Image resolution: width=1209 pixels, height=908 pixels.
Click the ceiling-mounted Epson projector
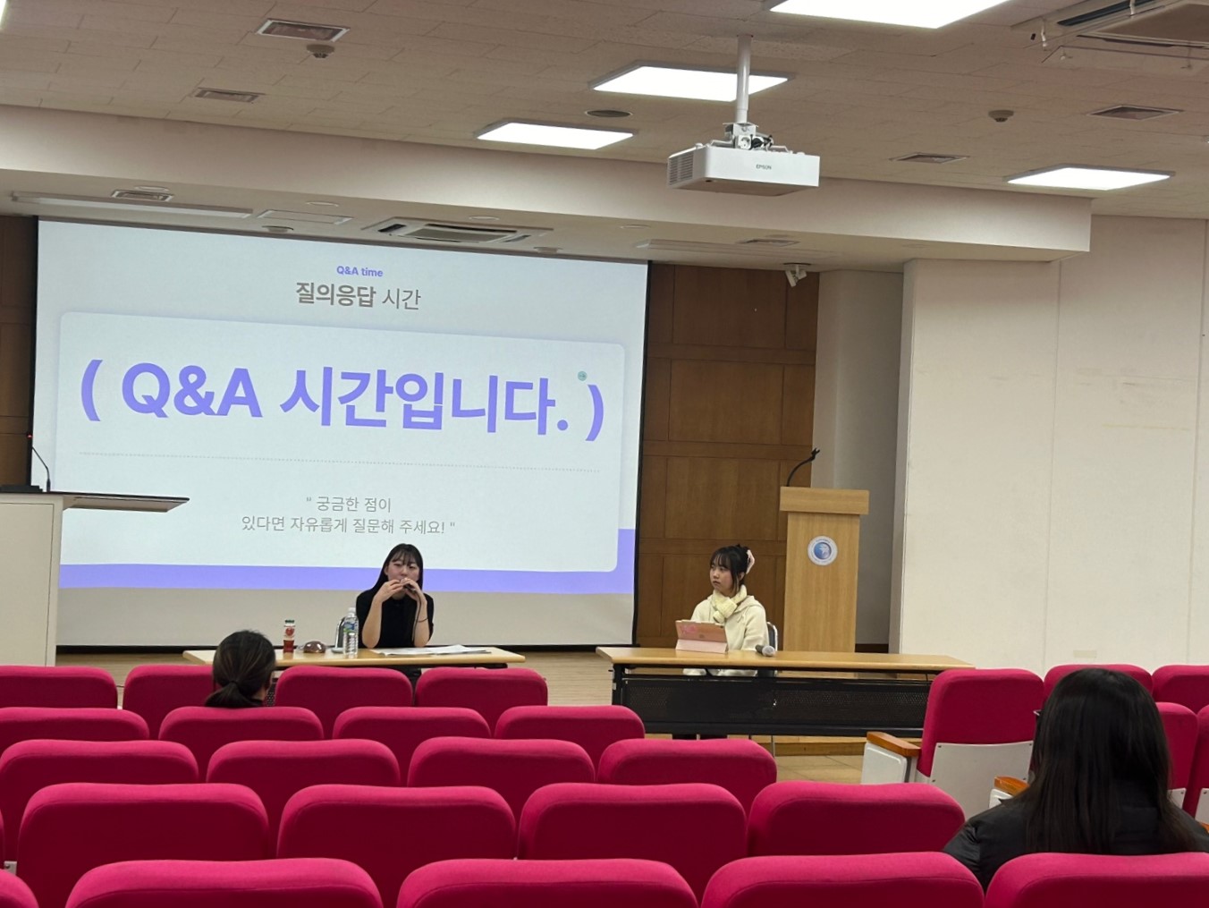[x=743, y=167]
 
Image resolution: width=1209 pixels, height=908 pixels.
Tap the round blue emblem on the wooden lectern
[x=822, y=552]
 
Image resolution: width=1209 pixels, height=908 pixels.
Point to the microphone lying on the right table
[x=765, y=650]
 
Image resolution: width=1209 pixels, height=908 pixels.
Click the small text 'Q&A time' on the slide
[x=359, y=272]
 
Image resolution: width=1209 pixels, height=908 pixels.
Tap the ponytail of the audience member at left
[x=226, y=694]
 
